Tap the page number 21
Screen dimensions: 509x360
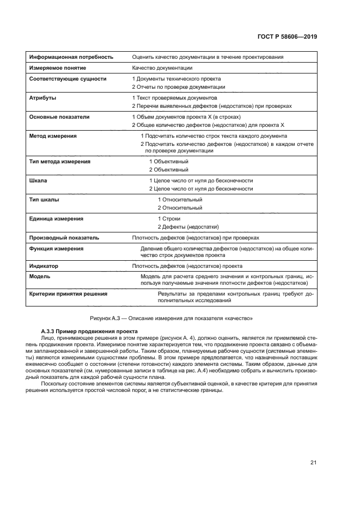tap(313, 463)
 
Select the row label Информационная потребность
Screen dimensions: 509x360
tap(71, 57)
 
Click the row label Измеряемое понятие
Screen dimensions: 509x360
tap(57, 68)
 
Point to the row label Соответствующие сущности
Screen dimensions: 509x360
tap(68, 79)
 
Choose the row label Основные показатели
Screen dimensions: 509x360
tap(59, 116)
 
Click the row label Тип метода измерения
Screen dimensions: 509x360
tap(59, 162)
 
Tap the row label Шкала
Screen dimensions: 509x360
tap(38, 180)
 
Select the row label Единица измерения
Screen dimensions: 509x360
tap(56, 218)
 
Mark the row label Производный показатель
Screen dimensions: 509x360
tap(64, 237)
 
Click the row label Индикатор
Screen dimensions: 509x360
tap(44, 266)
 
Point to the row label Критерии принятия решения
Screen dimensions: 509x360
tap(68, 293)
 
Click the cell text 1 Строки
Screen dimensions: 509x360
tap(169, 218)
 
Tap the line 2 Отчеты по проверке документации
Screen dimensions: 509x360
tap(178, 87)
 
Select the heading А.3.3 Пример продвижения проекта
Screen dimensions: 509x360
tap(90, 332)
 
